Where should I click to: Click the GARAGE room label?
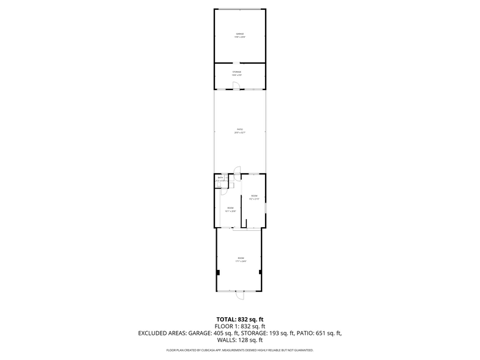coord(240,35)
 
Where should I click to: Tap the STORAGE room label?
coord(237,73)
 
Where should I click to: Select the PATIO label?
coord(240,130)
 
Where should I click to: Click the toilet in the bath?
coord(219,183)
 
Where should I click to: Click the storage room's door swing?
coord(236,86)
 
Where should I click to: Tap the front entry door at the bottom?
coord(240,295)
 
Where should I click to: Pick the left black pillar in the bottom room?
coord(218,272)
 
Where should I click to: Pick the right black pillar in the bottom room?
coord(261,272)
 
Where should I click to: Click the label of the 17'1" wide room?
coord(240,260)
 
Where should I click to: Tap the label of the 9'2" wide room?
coord(254,197)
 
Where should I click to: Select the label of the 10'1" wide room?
coord(230,209)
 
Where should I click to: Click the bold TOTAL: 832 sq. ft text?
coord(240,320)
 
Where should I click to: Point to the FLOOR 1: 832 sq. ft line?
coord(240,326)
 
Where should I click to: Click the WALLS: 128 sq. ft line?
coord(240,340)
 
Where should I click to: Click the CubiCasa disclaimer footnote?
coord(240,350)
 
